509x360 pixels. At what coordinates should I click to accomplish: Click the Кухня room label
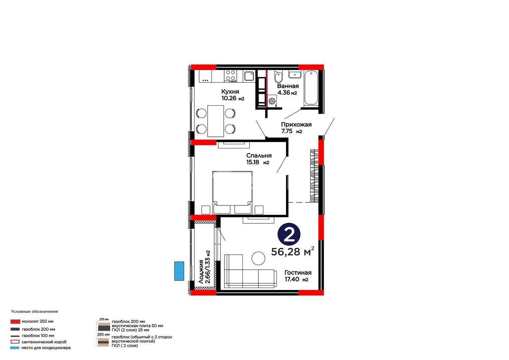pyautogui.click(x=230, y=92)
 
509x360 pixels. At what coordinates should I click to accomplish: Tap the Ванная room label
pyautogui.click(x=288, y=86)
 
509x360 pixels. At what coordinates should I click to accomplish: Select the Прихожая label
pyautogui.click(x=296, y=125)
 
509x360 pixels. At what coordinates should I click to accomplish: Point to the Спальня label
pyautogui.click(x=259, y=156)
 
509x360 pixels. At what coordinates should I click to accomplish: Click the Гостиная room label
pyautogui.click(x=298, y=272)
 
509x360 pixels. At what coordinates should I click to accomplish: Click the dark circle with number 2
pyautogui.click(x=289, y=234)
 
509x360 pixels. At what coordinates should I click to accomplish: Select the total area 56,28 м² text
pyautogui.click(x=293, y=251)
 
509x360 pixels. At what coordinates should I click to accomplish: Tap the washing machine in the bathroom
pyautogui.click(x=272, y=101)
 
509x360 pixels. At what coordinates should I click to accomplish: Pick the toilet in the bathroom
pyautogui.click(x=278, y=76)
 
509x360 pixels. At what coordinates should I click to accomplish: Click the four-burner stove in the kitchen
pyautogui.click(x=230, y=76)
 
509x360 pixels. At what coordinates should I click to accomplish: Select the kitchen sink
pyautogui.click(x=249, y=76)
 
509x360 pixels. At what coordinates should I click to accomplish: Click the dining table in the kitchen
pyautogui.click(x=215, y=121)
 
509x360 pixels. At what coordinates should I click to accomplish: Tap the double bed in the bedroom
pyautogui.click(x=232, y=192)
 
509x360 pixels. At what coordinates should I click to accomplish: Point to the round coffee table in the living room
pyautogui.click(x=258, y=258)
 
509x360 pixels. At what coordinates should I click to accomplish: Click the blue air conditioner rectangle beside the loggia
pyautogui.click(x=179, y=271)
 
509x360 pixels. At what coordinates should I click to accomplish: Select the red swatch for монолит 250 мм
pyautogui.click(x=15, y=322)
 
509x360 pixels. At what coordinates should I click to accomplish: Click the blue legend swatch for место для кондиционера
pyautogui.click(x=15, y=348)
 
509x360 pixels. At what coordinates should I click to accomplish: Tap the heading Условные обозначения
pyautogui.click(x=34, y=311)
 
